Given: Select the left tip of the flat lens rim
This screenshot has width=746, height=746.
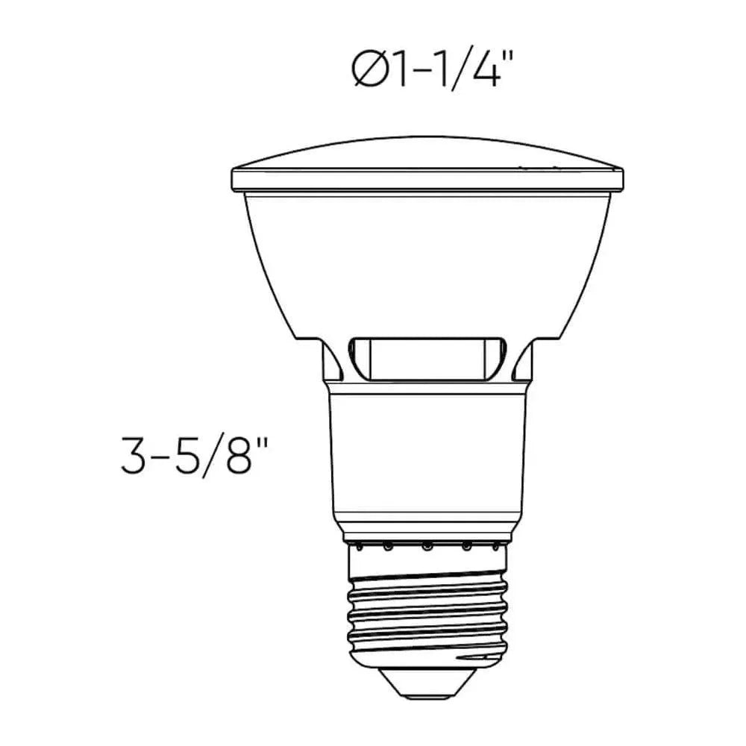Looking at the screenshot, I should pos(234,180).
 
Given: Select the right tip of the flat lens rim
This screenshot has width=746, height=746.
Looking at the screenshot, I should pos(621,180).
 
